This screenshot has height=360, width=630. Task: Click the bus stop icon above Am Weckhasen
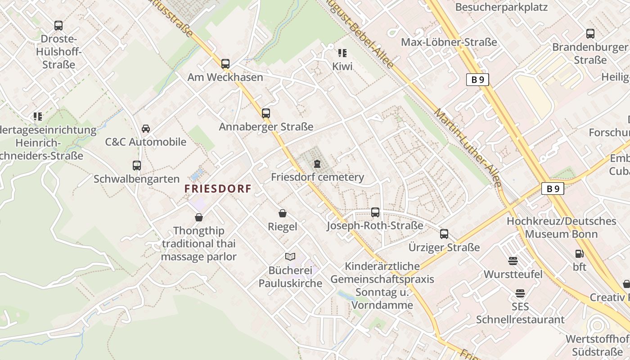[x=225, y=64]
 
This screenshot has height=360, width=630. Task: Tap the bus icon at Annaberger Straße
[x=266, y=113]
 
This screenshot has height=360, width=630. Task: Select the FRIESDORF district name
[x=217, y=189]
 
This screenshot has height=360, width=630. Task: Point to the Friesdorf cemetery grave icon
[x=318, y=163]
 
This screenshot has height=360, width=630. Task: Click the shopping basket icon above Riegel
[x=283, y=213]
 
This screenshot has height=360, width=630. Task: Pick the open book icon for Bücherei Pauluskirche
[x=290, y=257]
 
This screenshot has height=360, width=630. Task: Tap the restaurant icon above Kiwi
[x=342, y=53]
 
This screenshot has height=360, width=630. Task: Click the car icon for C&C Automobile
[x=146, y=129]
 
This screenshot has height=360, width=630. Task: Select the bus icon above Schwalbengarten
[x=137, y=166]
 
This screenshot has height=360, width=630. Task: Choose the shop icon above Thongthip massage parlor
[x=199, y=217]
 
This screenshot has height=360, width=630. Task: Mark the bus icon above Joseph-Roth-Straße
[x=375, y=212]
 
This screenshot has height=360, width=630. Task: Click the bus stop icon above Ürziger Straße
[x=444, y=234]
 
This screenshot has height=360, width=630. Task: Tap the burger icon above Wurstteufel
[x=513, y=261]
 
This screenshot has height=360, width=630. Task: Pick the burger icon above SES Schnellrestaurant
[x=520, y=293]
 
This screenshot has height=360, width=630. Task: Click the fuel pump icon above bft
[x=580, y=254]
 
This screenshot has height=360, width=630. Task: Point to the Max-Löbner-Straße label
[x=449, y=42]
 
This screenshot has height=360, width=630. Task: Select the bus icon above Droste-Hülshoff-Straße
[x=58, y=26]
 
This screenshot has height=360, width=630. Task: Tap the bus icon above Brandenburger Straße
[x=590, y=34]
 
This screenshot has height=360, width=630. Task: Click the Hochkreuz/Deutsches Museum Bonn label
[x=561, y=227]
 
